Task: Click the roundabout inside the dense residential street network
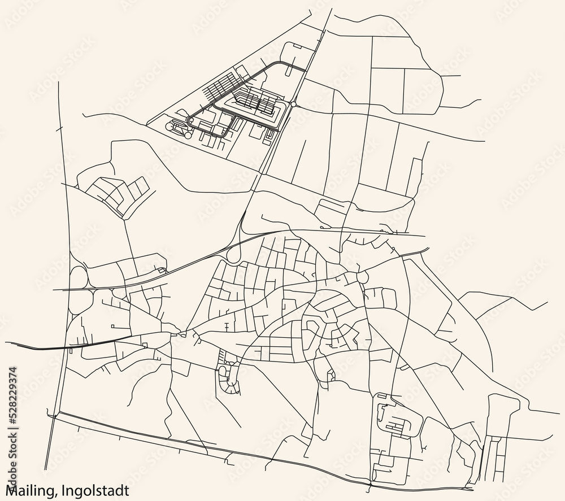tap(363, 277)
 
